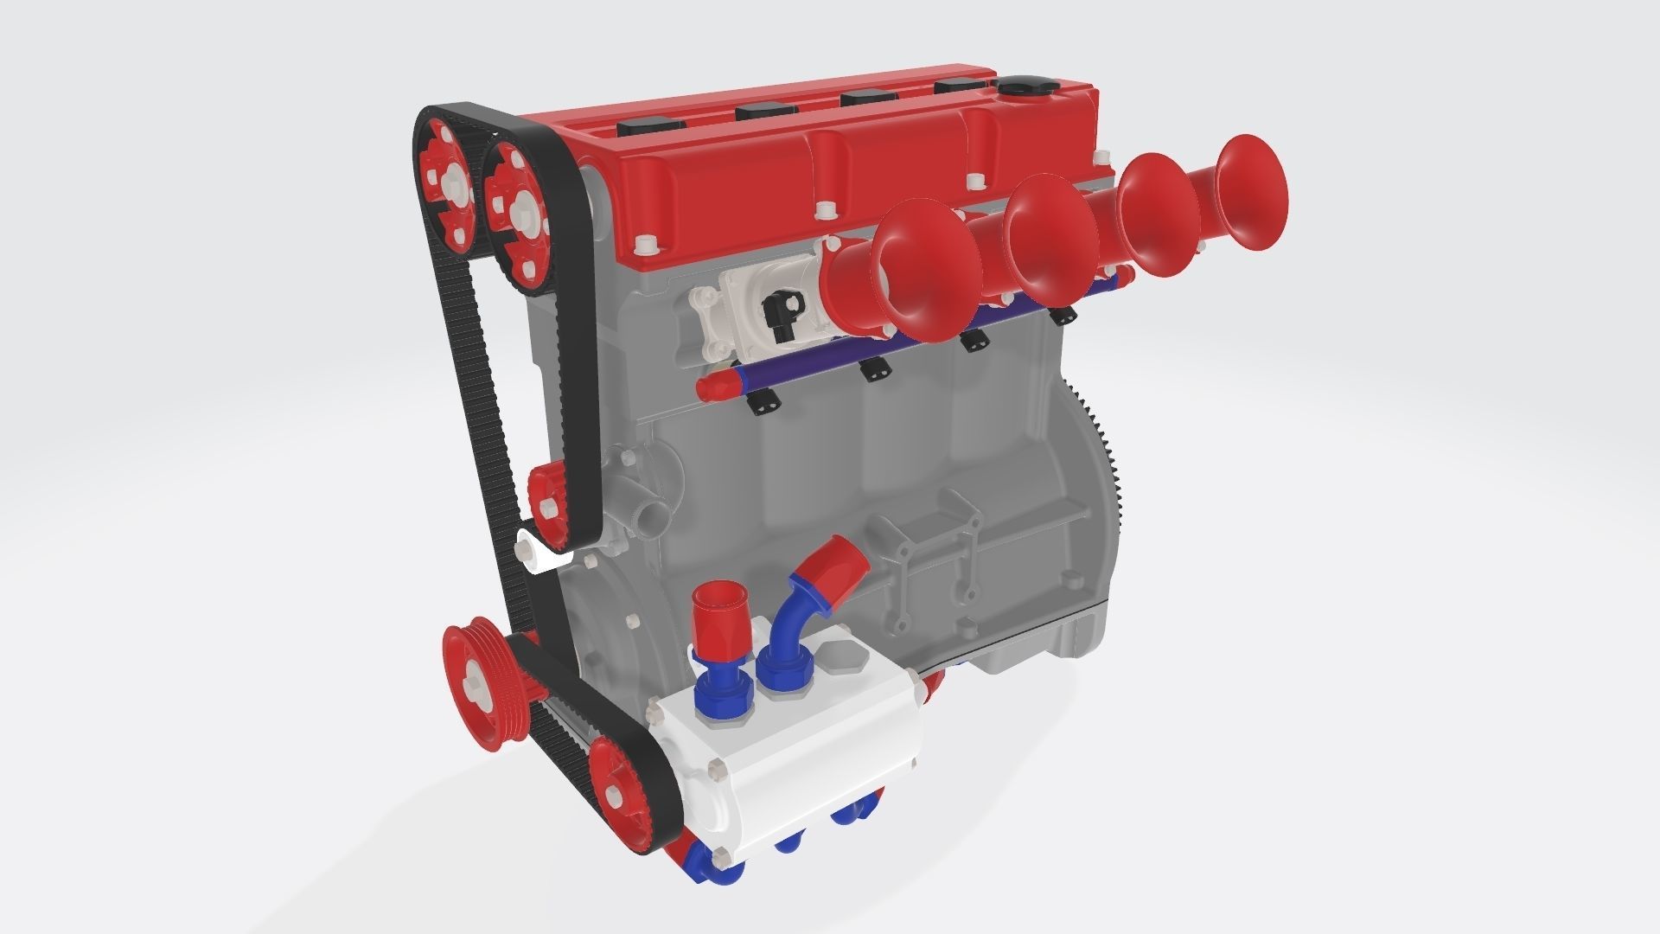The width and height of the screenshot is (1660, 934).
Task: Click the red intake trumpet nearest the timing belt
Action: click(x=927, y=268)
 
